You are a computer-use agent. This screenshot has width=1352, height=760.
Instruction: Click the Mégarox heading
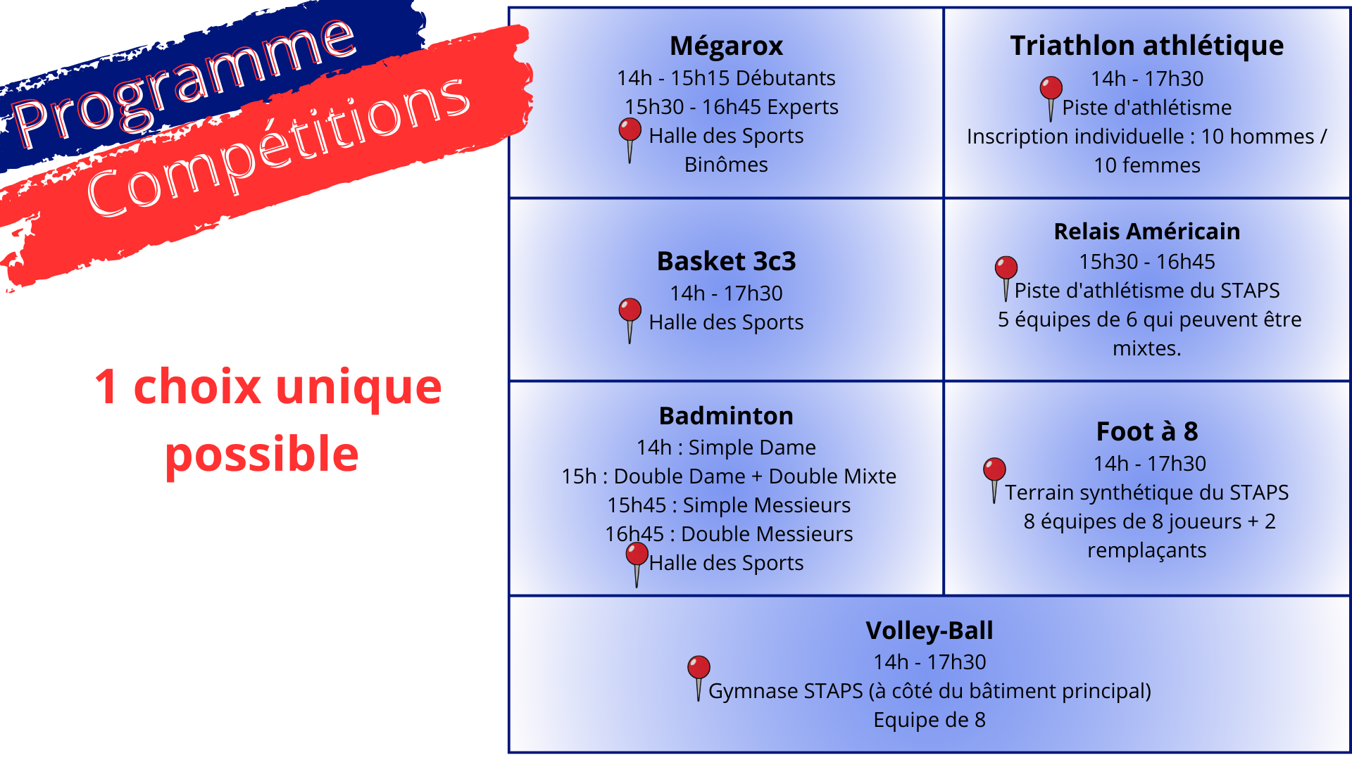(726, 46)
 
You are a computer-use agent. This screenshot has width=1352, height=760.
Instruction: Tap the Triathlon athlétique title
(1146, 46)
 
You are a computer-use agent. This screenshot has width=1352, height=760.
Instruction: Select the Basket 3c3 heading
(726, 261)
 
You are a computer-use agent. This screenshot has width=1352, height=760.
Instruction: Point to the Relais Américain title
(1146, 232)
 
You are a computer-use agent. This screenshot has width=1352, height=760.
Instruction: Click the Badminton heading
(726, 416)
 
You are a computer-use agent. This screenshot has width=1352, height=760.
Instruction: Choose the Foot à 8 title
(1146, 431)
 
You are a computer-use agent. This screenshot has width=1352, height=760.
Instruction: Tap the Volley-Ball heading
(930, 631)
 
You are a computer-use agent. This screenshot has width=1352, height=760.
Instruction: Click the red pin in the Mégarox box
(630, 139)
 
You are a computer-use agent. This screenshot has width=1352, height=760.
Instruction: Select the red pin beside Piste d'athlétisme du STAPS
(1006, 278)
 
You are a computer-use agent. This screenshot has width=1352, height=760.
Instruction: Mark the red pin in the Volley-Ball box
(699, 678)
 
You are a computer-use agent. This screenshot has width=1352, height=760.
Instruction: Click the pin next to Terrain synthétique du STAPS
(994, 480)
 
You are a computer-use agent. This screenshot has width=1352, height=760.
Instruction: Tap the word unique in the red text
(358, 388)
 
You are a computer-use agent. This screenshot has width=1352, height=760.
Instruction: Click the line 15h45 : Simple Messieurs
(729, 505)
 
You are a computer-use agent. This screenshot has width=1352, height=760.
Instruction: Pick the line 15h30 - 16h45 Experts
(732, 107)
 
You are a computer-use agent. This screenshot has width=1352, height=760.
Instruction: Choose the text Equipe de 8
(930, 720)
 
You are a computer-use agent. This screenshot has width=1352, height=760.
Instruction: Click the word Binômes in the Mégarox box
(726, 165)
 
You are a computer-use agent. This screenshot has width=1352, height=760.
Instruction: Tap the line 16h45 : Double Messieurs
(729, 534)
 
